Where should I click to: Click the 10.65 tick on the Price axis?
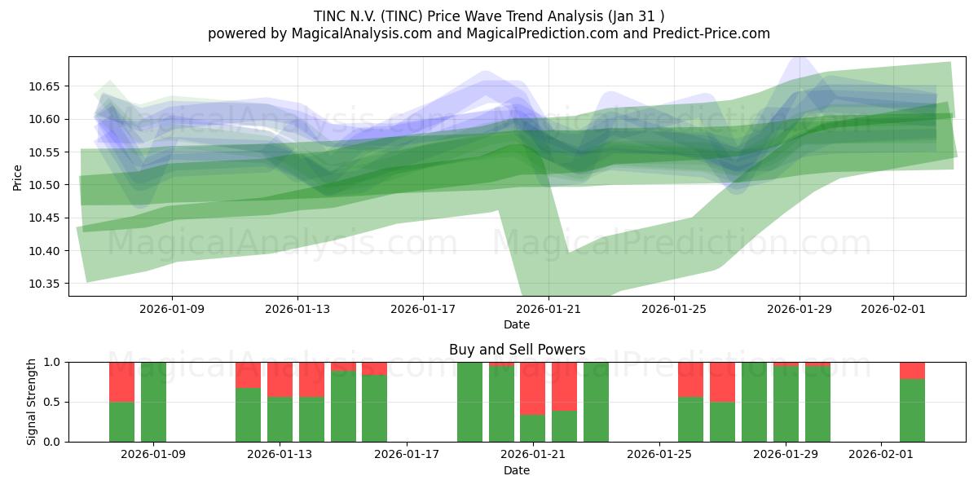coord(47,86)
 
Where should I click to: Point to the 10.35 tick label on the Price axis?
coord(47,284)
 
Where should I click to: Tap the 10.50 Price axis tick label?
coord(47,185)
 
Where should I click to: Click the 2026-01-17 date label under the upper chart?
coord(422,309)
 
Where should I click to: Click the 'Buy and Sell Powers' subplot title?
coord(517,350)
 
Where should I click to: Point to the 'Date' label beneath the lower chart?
coord(517,470)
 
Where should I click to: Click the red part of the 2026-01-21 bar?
coord(532,388)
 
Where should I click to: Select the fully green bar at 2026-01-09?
coord(153,402)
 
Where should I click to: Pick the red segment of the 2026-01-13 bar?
coord(280,379)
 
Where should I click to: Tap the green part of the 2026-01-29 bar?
coord(786,403)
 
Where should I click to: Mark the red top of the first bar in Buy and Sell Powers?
coord(121,381)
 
